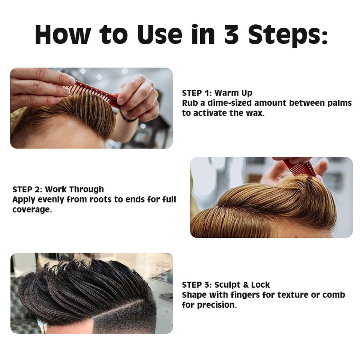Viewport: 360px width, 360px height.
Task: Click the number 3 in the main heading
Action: coord(231,34)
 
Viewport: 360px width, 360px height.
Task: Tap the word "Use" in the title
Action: coord(160,34)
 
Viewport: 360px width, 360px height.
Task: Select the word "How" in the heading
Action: coord(63,34)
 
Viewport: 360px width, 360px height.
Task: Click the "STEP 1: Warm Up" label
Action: coord(217,93)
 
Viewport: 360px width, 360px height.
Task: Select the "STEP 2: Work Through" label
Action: coord(58,189)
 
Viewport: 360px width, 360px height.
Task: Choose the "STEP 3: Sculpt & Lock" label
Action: coord(226,285)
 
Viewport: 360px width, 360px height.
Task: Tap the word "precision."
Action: coord(217,305)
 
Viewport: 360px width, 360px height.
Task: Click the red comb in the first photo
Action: coord(95,93)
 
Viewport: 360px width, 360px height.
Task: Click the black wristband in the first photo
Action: coord(127,117)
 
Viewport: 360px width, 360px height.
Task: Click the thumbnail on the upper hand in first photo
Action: coord(71,81)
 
